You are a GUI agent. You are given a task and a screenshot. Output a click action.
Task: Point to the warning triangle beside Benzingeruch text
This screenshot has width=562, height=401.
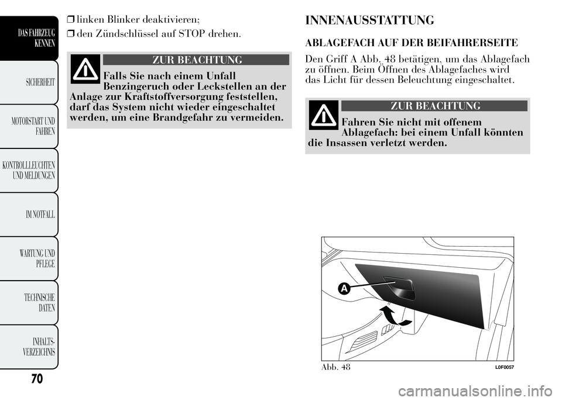point(85,69)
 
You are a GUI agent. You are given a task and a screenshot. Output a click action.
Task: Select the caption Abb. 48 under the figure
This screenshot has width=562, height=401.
point(335,367)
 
